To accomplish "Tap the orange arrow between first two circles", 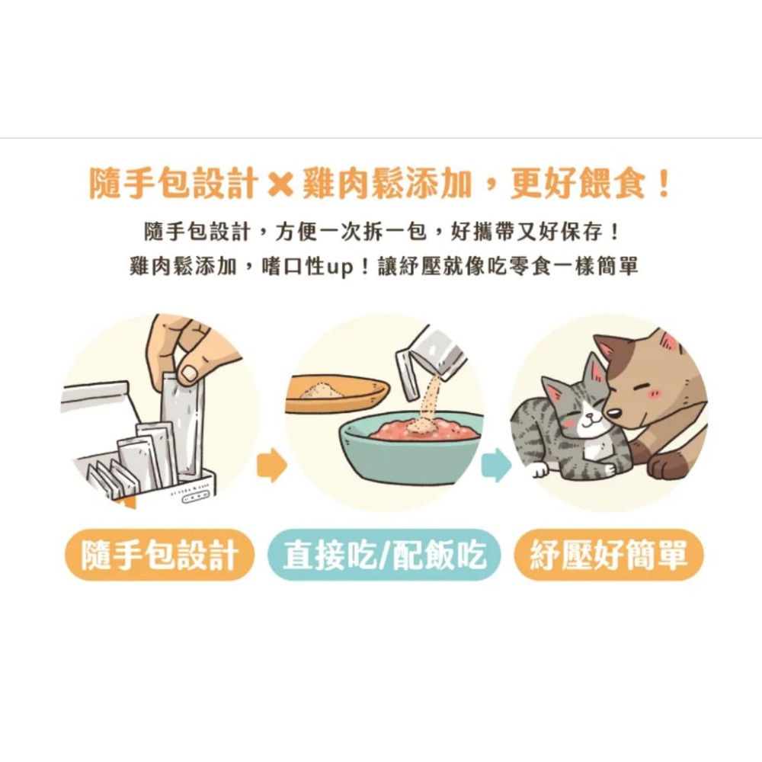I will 271,466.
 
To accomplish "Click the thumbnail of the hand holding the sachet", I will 160,411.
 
